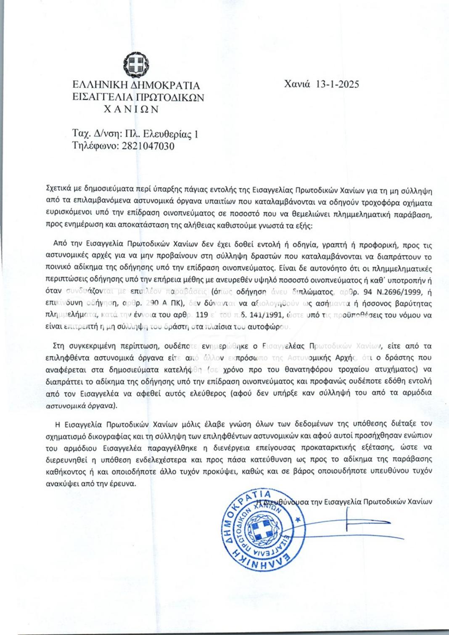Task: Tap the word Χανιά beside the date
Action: [x=297, y=84]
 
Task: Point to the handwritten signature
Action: [x=362, y=521]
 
